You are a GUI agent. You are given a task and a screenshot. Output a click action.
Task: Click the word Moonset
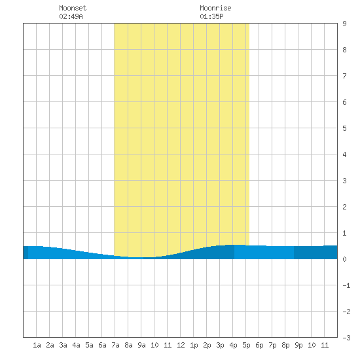[x=73, y=8]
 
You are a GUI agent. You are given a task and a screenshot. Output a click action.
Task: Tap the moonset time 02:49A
[x=71, y=16]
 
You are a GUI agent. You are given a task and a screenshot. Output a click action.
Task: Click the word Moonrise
[x=215, y=8]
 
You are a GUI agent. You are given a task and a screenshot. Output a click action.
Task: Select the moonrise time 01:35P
[x=211, y=16]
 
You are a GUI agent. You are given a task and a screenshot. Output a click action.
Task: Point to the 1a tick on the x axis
[x=37, y=345]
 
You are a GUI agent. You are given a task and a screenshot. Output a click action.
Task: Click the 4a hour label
[x=76, y=345]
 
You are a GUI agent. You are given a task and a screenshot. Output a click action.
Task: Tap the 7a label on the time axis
[x=115, y=345]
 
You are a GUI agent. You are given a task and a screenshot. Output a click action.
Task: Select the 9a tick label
[x=141, y=345]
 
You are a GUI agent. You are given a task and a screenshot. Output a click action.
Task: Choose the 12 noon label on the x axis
[x=181, y=345]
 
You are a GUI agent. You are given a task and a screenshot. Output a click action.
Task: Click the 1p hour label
[x=194, y=345]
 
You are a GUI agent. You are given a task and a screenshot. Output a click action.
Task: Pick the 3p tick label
[x=220, y=345]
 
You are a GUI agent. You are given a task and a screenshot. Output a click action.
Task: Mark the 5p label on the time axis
[x=246, y=345]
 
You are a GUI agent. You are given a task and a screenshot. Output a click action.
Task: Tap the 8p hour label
[x=285, y=345]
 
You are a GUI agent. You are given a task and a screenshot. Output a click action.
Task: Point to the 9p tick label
[x=298, y=345]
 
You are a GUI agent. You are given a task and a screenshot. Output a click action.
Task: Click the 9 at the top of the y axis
[x=344, y=24]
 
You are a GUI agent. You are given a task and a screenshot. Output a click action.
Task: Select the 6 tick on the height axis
[x=344, y=102]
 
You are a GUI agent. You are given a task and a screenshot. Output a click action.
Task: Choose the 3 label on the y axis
[x=344, y=181]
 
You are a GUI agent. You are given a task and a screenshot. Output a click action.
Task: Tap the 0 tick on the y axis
[x=344, y=259]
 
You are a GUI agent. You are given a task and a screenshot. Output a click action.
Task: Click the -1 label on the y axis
[x=346, y=285]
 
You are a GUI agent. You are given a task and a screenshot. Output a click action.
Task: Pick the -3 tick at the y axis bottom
[x=346, y=338]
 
